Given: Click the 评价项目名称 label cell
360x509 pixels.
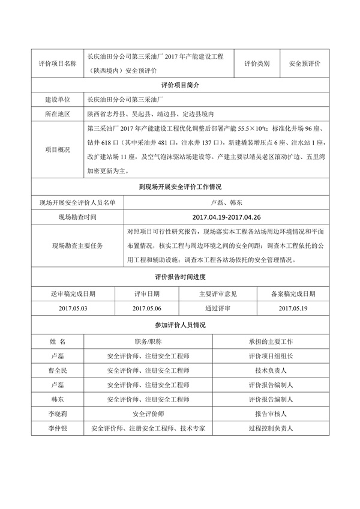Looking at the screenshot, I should [x=57, y=63].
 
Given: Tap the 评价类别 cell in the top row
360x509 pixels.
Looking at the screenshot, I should [x=257, y=63].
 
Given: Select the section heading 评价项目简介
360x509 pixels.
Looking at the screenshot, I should [x=180, y=86].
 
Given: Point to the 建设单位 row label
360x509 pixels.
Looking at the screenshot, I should [x=57, y=100].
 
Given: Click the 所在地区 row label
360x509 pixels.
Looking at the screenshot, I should [x=57, y=113].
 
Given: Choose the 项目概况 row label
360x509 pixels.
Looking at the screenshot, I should [x=57, y=149].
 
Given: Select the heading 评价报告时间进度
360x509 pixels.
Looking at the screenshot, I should [x=180, y=277].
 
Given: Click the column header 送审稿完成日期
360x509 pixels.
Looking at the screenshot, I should [x=73, y=294].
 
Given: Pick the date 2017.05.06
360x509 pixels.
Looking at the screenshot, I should [x=148, y=308].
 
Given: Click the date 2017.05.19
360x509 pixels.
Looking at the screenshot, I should [x=293, y=308].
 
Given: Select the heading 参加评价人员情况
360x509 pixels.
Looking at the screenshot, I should [x=180, y=325].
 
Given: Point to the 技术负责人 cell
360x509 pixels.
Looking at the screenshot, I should [x=271, y=371].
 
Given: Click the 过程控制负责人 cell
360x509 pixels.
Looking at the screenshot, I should [x=271, y=429].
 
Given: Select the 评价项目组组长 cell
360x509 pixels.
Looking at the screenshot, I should [x=271, y=357].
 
